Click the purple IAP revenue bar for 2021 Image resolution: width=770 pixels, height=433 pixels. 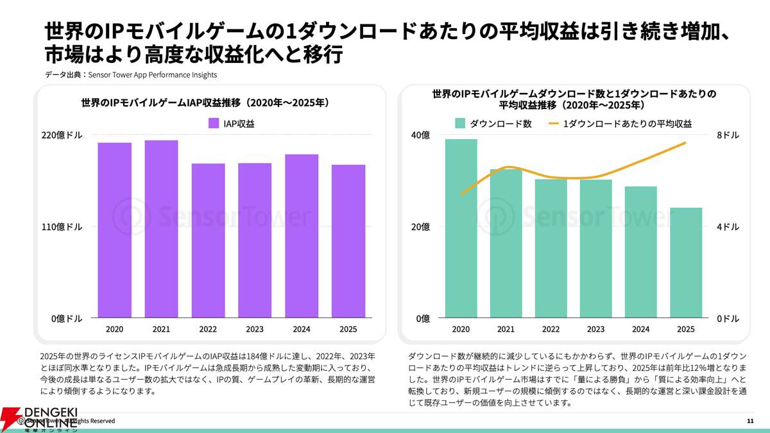click(161, 228)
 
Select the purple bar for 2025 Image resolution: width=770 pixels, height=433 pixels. click(348, 241)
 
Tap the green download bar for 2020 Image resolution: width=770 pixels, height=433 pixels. click(461, 228)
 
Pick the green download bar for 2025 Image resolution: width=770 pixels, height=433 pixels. click(685, 262)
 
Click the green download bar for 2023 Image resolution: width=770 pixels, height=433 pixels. click(595, 248)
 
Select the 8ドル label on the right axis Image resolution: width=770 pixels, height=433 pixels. click(728, 135)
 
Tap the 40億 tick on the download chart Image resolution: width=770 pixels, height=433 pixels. click(420, 135)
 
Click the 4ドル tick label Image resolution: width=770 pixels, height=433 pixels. click(728, 227)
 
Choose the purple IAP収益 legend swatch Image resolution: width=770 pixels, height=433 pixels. click(214, 124)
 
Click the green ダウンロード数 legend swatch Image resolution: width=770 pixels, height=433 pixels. click(459, 124)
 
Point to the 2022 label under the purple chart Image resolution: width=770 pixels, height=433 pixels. click(208, 329)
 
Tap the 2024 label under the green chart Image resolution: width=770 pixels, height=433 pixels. click(640, 329)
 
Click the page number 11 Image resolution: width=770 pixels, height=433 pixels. click(750, 421)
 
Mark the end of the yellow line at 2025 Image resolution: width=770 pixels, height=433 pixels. click(685, 142)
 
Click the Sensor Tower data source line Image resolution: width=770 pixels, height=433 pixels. click(132, 75)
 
